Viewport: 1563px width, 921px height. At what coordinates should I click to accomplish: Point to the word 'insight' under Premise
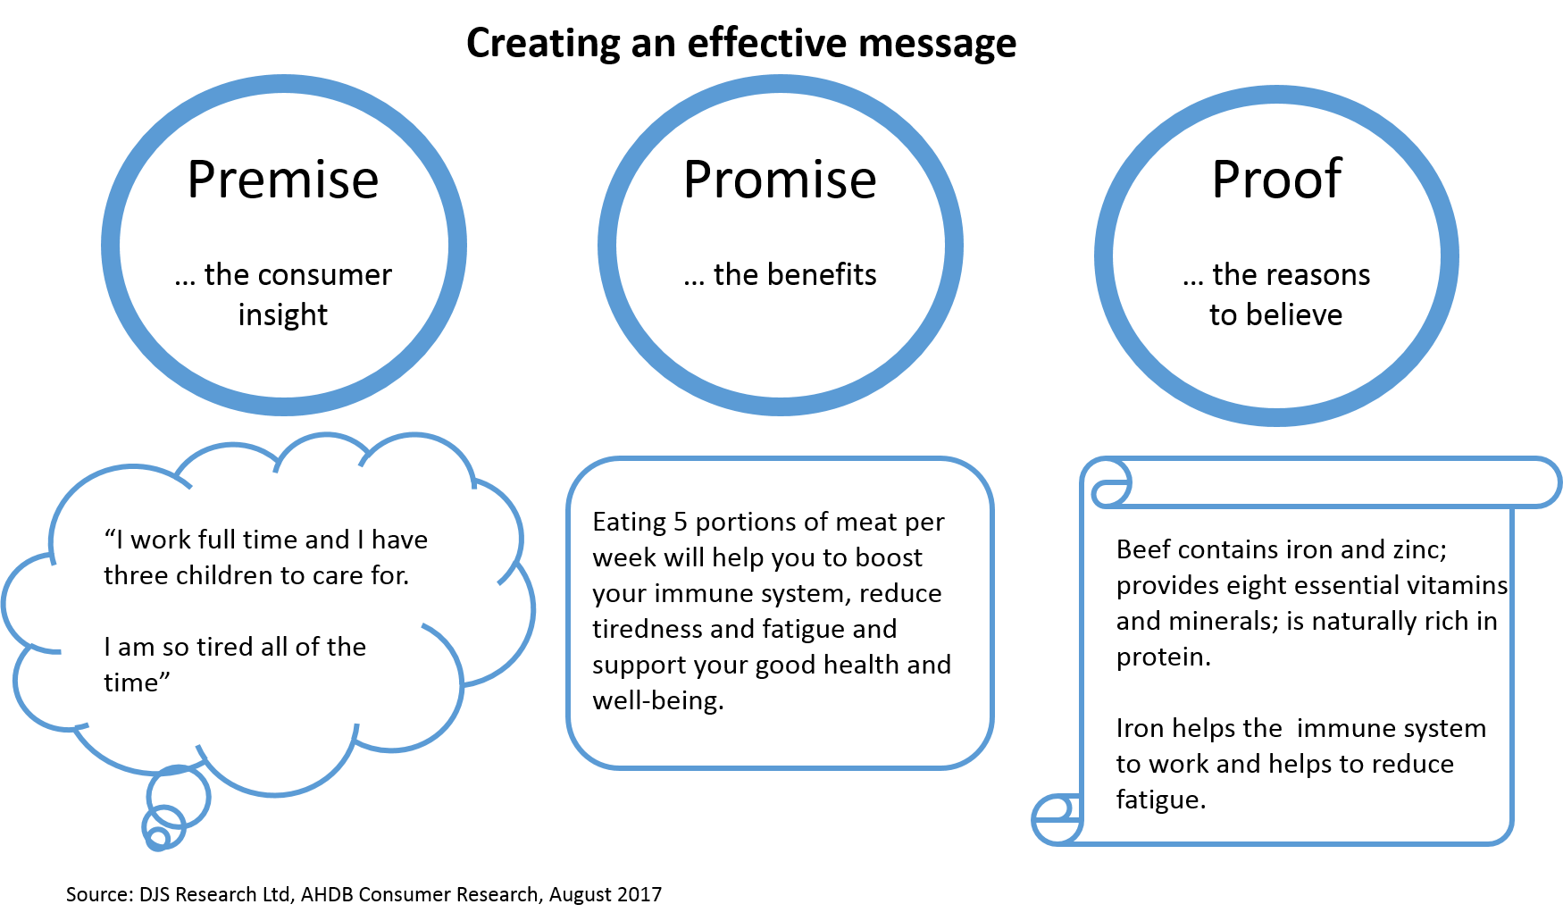283,314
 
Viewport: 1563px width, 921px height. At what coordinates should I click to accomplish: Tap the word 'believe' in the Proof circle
1294,314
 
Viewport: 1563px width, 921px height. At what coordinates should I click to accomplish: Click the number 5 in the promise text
681,522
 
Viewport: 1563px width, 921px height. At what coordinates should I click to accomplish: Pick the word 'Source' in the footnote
98,894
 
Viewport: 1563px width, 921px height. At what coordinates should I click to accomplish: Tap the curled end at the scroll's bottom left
1056,819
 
